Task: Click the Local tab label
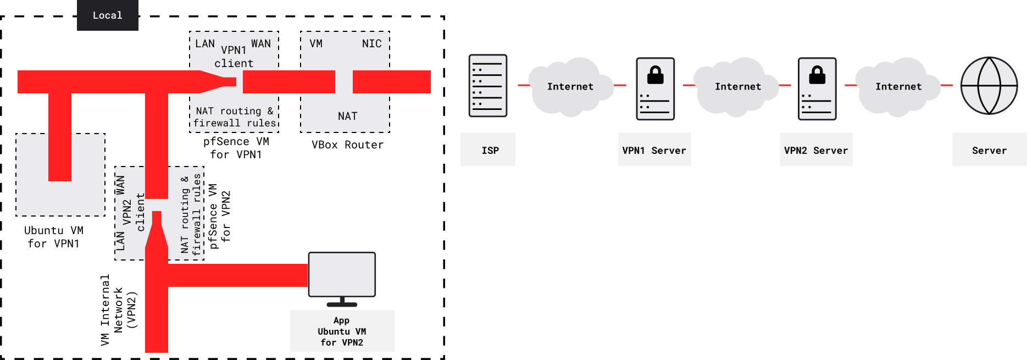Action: pos(107,15)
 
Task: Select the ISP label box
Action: pos(488,149)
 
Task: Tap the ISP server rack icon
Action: pos(487,86)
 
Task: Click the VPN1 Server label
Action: pos(654,149)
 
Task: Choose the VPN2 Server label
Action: pos(816,149)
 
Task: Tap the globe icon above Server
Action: pos(989,86)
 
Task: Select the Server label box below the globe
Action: pos(989,149)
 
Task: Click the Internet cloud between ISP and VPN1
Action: pos(570,87)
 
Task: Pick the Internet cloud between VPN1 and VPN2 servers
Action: pos(737,87)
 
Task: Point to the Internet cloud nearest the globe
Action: pos(898,87)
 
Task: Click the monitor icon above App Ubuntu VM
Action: pos(342,275)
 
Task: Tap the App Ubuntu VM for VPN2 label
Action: pos(342,331)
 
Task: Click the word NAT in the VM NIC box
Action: pos(347,116)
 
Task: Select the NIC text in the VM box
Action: pos(371,43)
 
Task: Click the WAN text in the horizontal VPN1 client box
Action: pos(261,43)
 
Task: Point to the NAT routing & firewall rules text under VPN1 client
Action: pos(234,117)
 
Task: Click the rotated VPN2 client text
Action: pos(133,212)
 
